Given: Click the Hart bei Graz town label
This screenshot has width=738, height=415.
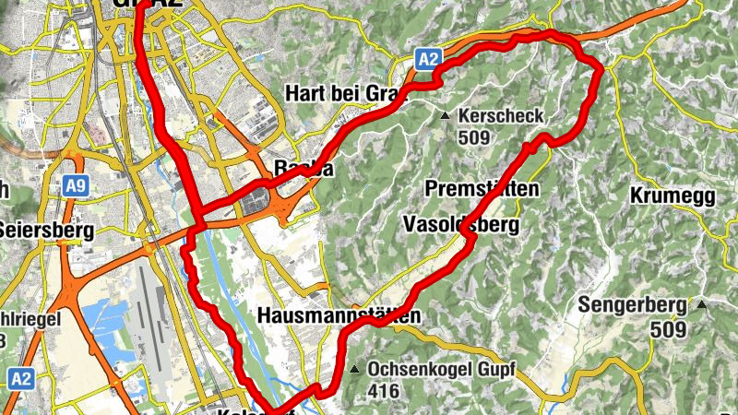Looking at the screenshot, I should tap(341, 94).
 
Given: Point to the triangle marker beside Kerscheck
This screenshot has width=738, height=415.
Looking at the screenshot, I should tap(445, 116).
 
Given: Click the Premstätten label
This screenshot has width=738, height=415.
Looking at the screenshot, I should tap(482, 188).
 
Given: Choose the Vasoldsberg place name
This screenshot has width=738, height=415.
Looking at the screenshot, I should tap(461, 224).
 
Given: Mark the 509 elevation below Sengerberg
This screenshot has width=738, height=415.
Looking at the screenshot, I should tap(668, 329).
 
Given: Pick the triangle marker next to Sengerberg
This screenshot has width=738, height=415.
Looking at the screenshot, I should tap(703, 304).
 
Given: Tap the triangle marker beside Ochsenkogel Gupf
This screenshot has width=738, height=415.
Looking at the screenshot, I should tap(355, 370).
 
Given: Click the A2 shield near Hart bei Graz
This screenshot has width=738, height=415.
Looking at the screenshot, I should tap(426, 60).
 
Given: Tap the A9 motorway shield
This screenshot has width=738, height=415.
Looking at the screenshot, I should tap(77, 186).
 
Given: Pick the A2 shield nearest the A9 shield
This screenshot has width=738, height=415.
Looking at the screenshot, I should tap(20, 378).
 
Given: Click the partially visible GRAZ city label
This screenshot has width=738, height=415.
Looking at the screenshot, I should tap(148, 5).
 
